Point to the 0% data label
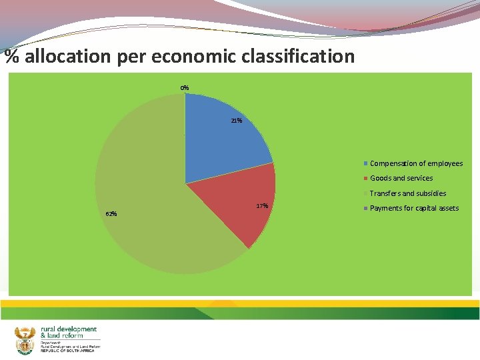tap(184, 87)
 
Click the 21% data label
tap(236, 121)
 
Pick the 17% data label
tap(262, 205)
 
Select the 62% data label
tap(111, 213)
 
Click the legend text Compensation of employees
tap(416, 163)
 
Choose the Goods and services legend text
tap(401, 178)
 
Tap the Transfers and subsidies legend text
tap(408, 193)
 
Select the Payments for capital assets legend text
tap(414, 208)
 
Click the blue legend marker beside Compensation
tap(365, 163)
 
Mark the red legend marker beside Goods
tap(365, 178)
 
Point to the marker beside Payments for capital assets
tap(365, 208)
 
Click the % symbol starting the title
tap(11, 56)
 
